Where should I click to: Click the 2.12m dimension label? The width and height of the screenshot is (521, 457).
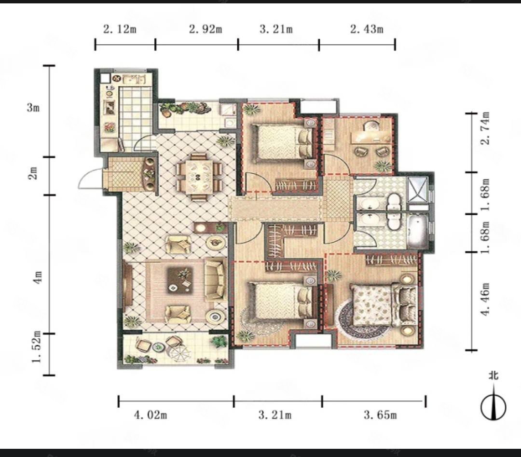coord(120,29)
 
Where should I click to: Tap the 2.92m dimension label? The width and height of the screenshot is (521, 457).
coord(206,29)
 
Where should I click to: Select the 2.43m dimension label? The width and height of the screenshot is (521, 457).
coord(367,29)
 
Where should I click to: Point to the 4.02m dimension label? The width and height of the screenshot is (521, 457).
coord(150,415)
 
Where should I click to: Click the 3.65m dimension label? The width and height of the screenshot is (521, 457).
coord(380,415)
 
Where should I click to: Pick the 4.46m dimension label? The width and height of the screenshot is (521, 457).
coord(485,299)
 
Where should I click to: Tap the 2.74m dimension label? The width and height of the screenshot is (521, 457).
coord(485,128)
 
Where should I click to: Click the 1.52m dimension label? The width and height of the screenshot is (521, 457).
coord(37,347)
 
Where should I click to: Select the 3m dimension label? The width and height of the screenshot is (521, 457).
coord(33,107)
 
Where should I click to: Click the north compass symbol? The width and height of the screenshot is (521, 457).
coord(494,402)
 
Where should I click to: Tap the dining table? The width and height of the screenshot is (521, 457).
coord(199,177)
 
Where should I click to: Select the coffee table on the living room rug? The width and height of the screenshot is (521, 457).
coord(180,280)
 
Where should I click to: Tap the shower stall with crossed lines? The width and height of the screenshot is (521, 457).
coord(417,190)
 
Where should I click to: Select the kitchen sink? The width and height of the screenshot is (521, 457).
coord(134,80)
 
